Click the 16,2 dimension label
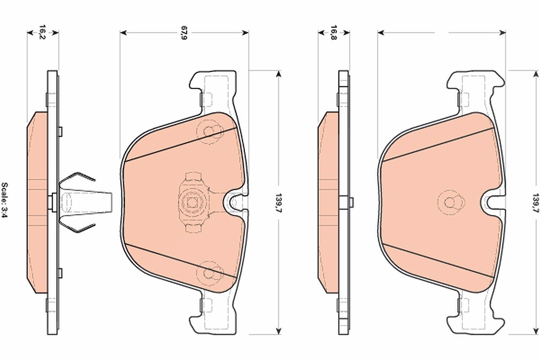coord(42,32)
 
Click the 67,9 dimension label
coord(184,32)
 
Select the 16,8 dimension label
coord(333,32)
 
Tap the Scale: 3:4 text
coord(4,200)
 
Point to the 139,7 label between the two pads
coord(279,203)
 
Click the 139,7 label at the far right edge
coord(535,203)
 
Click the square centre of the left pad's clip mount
coord(192,202)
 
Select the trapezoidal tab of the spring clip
coord(86,202)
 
